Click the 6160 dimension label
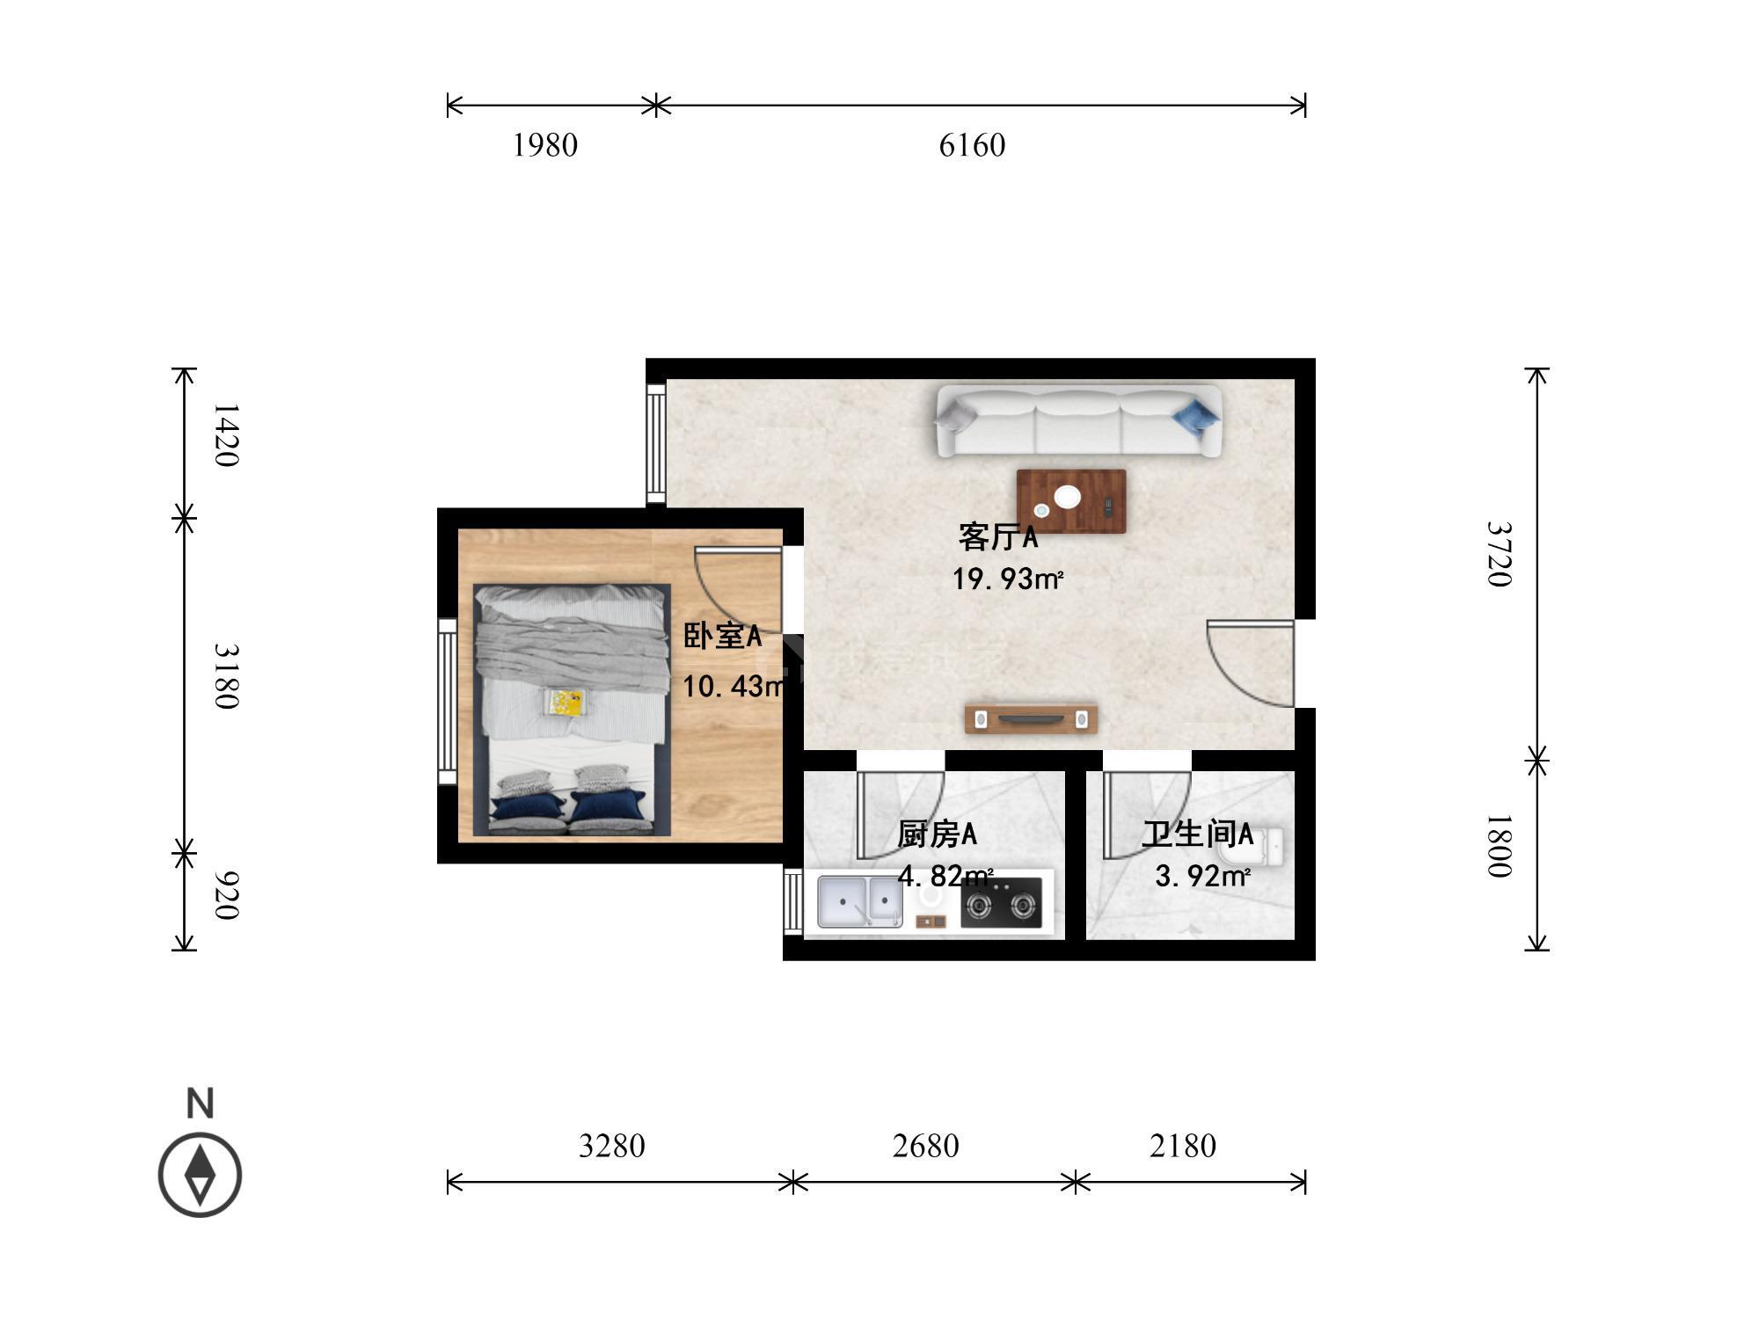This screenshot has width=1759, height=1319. (972, 145)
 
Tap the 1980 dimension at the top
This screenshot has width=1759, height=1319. (545, 145)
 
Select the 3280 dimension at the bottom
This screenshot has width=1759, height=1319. (612, 1146)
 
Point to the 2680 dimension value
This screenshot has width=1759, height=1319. (925, 1146)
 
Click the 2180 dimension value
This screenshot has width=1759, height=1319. (1183, 1146)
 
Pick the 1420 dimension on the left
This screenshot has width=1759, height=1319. (226, 435)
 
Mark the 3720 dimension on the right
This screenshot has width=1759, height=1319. (1498, 554)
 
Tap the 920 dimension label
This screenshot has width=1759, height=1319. (226, 895)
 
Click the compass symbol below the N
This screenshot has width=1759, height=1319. (200, 1175)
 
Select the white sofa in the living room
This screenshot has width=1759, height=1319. (1078, 420)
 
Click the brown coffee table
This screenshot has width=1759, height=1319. (1071, 501)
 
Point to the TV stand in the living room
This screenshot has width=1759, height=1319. (1031, 718)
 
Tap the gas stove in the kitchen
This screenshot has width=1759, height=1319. (1001, 903)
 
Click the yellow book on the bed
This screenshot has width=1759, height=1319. (565, 702)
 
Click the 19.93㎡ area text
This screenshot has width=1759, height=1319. (1008, 579)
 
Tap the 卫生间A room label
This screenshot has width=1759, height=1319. (1197, 834)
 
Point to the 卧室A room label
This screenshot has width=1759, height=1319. (722, 636)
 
